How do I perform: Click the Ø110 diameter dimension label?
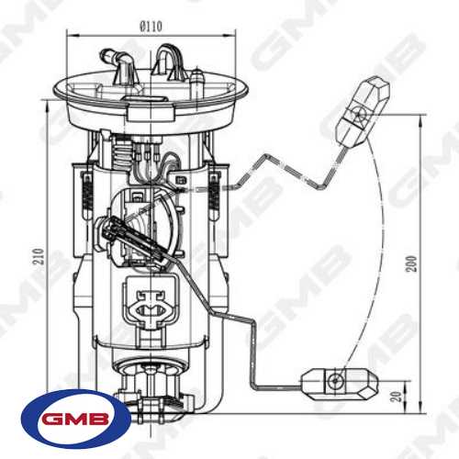(151, 27)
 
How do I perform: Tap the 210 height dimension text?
(39, 256)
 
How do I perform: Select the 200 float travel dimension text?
(411, 263)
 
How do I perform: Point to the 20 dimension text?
(397, 397)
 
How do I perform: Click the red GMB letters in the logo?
(75, 419)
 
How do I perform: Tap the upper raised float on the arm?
(363, 112)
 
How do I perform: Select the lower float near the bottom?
(339, 384)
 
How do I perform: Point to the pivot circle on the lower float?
(335, 381)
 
